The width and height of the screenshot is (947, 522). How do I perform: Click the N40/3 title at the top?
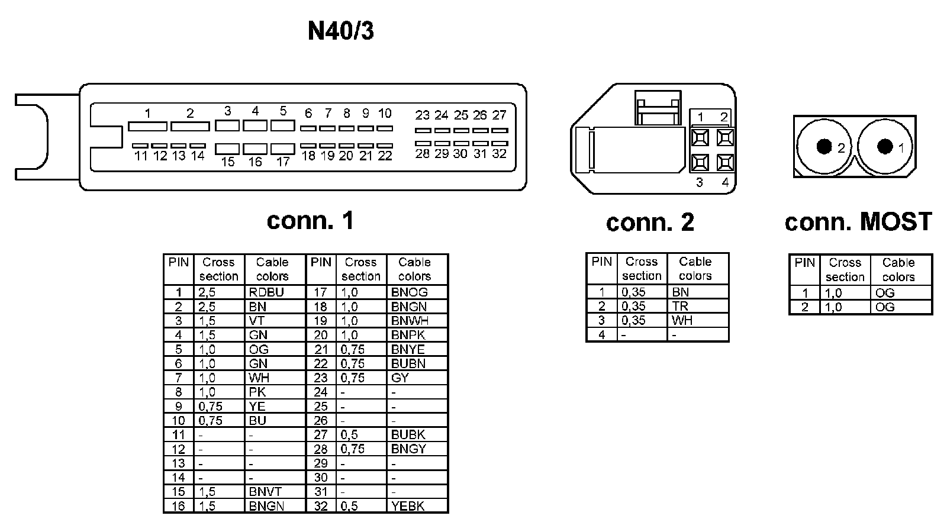pos(341,31)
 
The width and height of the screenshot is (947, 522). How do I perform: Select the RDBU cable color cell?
pos(266,292)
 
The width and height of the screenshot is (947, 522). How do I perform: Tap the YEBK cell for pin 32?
pos(408,506)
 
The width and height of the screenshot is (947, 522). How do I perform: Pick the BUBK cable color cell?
pos(408,435)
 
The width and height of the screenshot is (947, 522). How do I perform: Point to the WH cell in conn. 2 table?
pos(682,321)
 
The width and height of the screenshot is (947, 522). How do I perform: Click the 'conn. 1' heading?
pos(310,220)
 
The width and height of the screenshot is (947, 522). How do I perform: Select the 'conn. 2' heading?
pos(650,223)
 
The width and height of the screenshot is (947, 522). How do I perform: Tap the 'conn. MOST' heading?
pos(858,222)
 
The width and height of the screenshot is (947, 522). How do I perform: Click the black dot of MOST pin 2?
pos(823,146)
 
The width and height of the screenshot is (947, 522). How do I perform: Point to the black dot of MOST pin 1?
pos(885,146)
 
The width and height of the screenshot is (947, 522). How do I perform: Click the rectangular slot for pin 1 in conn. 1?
pos(147,127)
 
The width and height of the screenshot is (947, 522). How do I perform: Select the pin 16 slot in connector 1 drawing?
pos(255,149)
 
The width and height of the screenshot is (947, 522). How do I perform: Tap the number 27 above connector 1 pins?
pos(499,115)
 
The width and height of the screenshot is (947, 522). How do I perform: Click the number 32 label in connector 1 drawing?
pos(499,154)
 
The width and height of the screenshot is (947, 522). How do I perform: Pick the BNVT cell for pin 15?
pos(265,492)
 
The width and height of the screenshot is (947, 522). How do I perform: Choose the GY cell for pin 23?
pos(400,378)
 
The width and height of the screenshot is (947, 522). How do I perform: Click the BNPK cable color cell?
pos(408,335)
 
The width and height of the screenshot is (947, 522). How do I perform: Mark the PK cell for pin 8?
pos(257,392)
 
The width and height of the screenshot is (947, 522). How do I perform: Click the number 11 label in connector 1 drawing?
pos(141,156)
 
